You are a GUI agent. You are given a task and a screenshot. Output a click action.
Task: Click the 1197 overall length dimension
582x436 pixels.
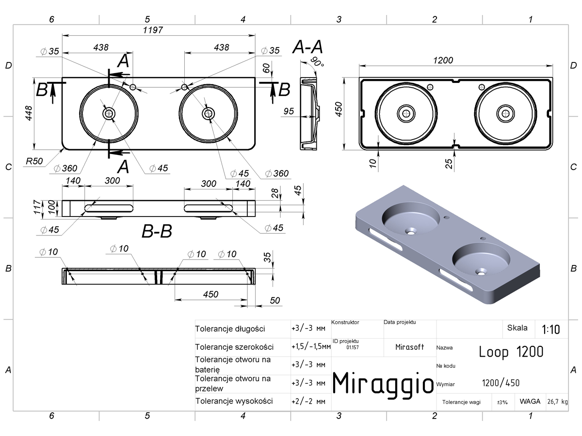pyautogui.click(x=153, y=30)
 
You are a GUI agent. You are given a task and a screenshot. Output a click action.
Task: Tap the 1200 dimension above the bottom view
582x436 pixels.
pyautogui.click(x=443, y=61)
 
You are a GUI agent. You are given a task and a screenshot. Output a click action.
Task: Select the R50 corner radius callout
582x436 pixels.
pyautogui.click(x=34, y=161)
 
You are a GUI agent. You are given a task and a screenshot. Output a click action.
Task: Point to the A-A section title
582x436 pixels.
pyautogui.click(x=307, y=47)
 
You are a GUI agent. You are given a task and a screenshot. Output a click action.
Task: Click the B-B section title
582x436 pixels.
pyautogui.click(x=157, y=231)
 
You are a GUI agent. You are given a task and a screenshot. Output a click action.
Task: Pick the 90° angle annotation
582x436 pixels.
pyautogui.click(x=317, y=62)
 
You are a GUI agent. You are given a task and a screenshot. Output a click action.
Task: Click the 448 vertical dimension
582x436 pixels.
pyautogui.click(x=29, y=113)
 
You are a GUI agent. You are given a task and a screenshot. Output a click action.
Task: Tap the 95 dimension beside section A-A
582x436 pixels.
pyautogui.click(x=289, y=111)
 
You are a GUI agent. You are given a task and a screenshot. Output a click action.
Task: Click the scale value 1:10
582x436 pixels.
pyautogui.click(x=550, y=329)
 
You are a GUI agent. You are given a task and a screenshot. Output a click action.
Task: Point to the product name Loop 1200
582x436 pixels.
pyautogui.click(x=511, y=352)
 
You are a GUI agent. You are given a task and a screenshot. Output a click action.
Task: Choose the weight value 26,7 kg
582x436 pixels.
pyautogui.click(x=557, y=402)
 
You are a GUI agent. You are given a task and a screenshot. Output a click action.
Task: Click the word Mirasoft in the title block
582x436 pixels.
pyautogui.click(x=409, y=347)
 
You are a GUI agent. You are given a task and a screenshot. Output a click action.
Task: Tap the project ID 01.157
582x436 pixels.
pyautogui.click(x=353, y=347)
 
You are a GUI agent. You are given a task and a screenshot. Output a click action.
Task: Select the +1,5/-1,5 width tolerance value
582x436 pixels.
pyautogui.click(x=311, y=346)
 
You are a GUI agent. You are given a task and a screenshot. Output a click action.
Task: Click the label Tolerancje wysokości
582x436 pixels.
pyautogui.click(x=234, y=401)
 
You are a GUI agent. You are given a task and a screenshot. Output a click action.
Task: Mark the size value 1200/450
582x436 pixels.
pyautogui.click(x=501, y=383)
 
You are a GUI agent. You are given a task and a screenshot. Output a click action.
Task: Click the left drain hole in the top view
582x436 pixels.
pyautogui.click(x=109, y=113)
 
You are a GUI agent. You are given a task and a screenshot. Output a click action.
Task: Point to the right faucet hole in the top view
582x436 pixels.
pyautogui.click(x=185, y=87)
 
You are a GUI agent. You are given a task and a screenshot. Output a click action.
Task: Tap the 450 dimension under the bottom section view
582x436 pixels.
pyautogui.click(x=210, y=295)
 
